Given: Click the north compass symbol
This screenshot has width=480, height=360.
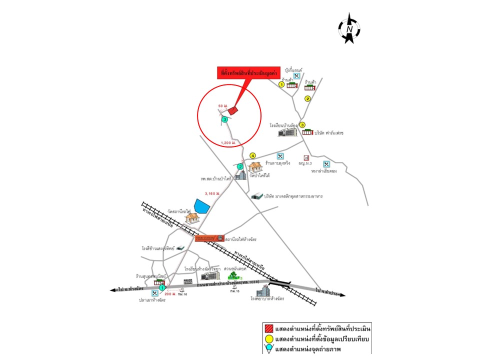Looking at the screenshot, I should tap(349, 29).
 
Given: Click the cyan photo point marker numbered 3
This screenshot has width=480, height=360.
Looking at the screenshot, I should tap(224, 119).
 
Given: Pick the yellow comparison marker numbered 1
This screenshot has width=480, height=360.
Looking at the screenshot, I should tap(281, 84).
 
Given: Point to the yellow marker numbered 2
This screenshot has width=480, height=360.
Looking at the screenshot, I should tap(308, 98).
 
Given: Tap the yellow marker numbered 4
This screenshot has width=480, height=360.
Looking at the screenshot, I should tap(252, 155).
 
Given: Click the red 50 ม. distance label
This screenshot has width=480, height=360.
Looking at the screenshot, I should tap(223, 106).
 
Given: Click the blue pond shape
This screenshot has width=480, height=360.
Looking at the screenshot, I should tap(202, 206).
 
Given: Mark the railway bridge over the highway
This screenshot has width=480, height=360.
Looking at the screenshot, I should tap(279, 282).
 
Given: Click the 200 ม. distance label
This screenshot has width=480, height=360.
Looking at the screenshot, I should tap(171, 294).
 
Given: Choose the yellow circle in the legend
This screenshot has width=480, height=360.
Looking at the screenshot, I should tap(270, 339).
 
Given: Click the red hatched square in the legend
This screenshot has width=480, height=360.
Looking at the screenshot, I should tap(270, 328).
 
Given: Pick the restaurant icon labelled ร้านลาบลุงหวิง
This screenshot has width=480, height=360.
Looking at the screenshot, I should tap(280, 156).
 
